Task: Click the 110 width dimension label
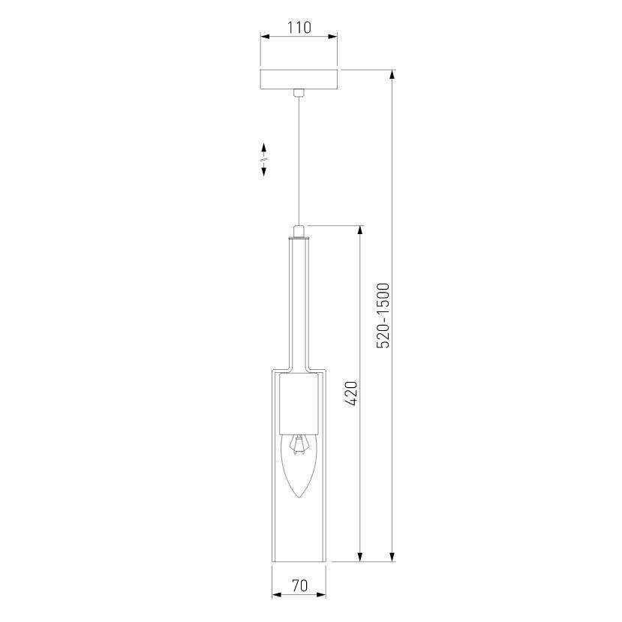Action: pyautogui.click(x=299, y=28)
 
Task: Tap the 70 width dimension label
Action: pyautogui.click(x=299, y=585)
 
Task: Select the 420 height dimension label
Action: pyautogui.click(x=351, y=393)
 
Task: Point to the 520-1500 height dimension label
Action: pyautogui.click(x=383, y=315)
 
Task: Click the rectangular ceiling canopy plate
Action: pyautogui.click(x=299, y=80)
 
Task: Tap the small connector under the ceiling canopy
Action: pyautogui.click(x=299, y=93)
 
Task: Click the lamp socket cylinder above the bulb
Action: pyautogui.click(x=299, y=404)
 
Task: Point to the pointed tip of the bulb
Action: pyautogui.click(x=299, y=498)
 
